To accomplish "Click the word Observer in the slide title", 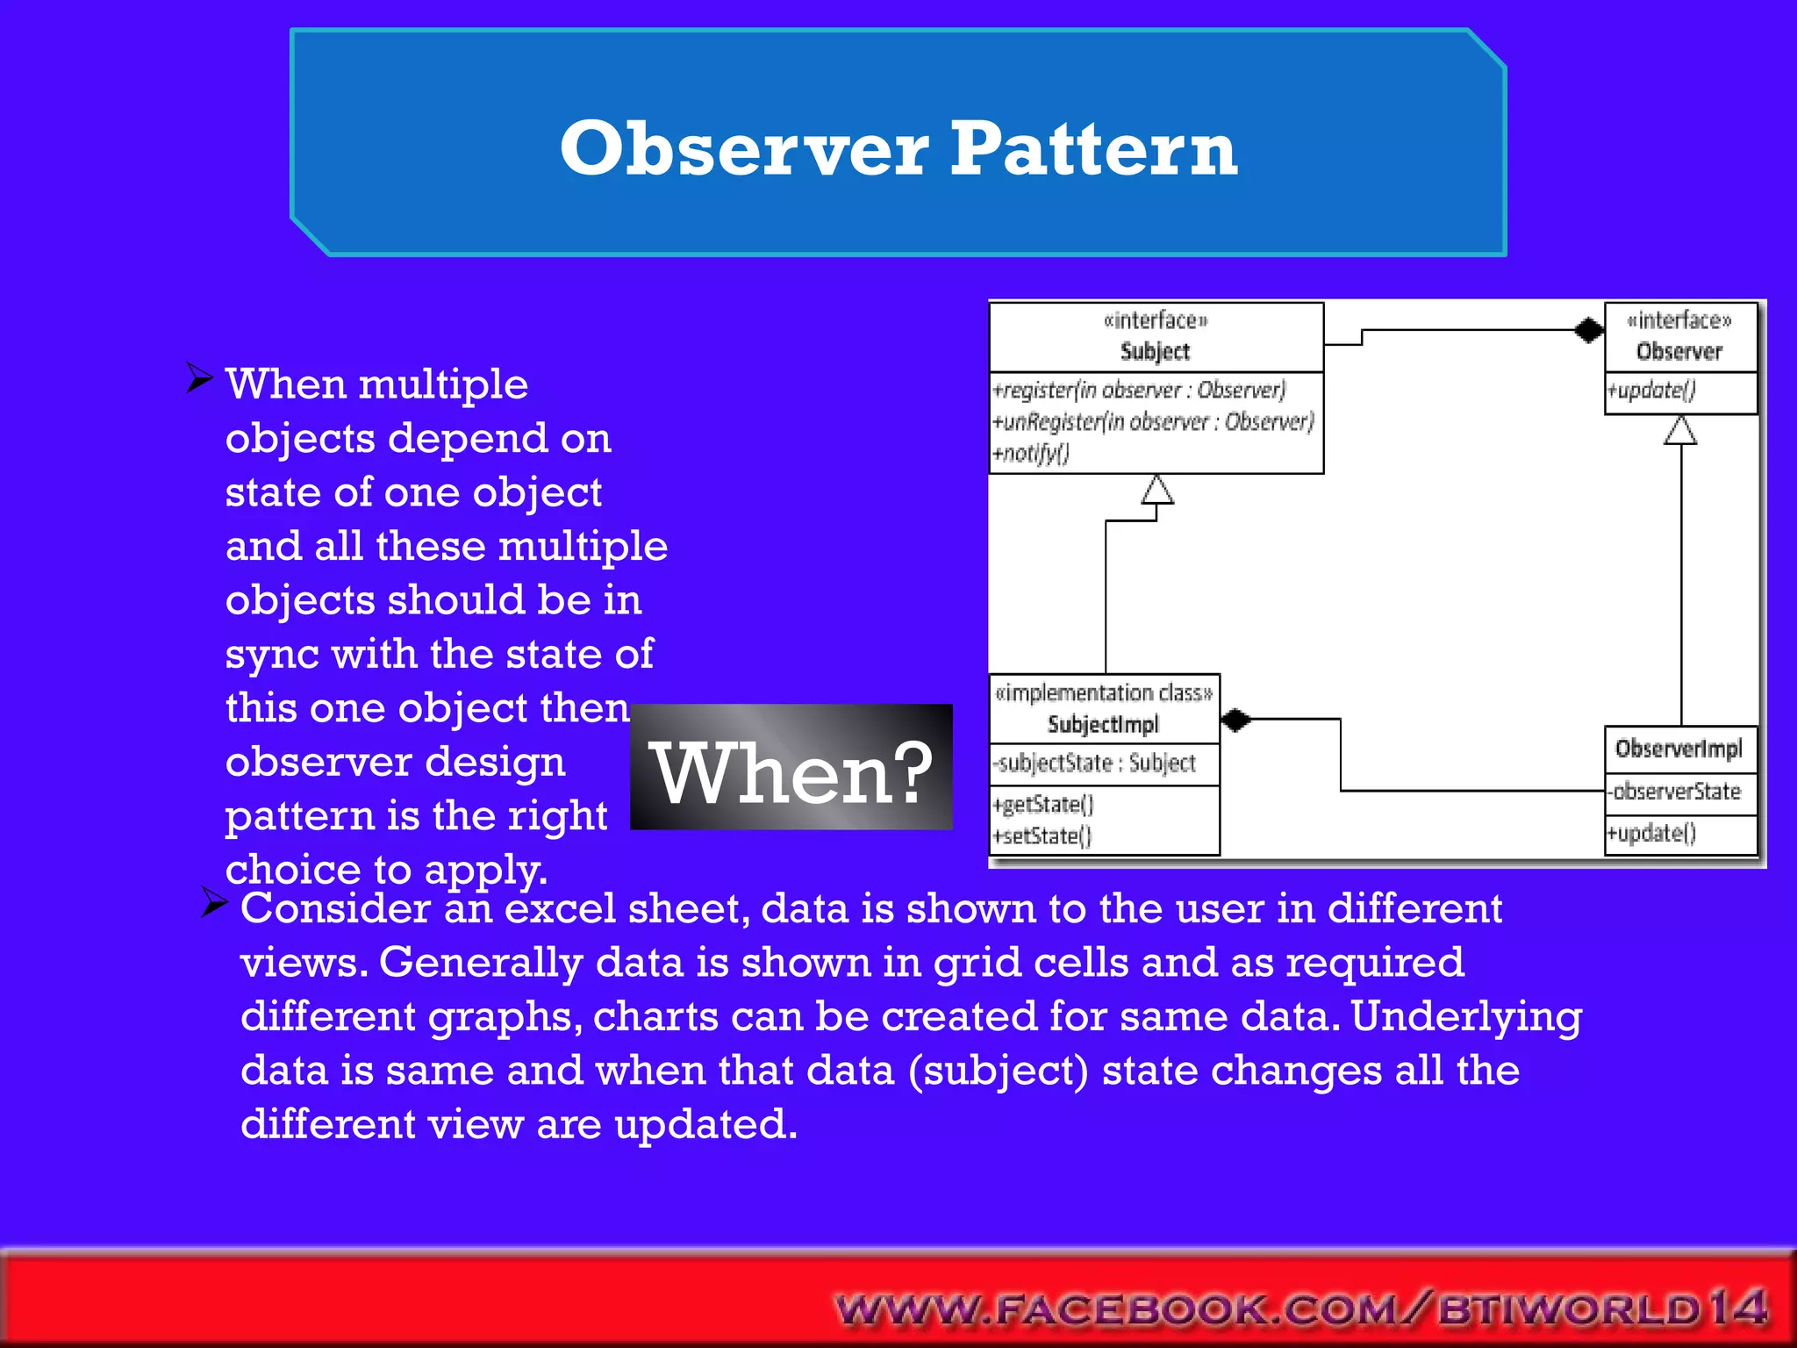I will click(x=743, y=149).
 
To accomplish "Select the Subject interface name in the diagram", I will click(x=1155, y=352).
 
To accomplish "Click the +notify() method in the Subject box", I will click(x=1031, y=454).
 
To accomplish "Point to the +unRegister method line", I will click(x=1153, y=422).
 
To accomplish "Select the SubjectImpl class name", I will click(x=1103, y=725).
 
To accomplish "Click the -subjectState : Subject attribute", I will click(x=1096, y=764).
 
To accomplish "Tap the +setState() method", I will click(x=1042, y=835).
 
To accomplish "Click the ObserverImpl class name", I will click(x=1679, y=749).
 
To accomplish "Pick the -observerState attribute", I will click(x=1674, y=792).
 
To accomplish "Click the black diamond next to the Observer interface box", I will click(x=1588, y=331).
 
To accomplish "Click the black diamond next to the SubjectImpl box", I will click(x=1235, y=721).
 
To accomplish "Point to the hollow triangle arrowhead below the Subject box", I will click(x=1157, y=491).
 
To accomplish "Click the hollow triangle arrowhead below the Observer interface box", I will click(x=1680, y=431).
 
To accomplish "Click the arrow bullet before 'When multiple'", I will click(x=200, y=379).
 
